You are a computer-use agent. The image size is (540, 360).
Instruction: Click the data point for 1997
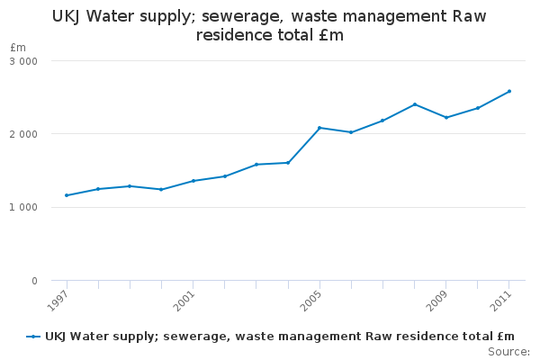point(67,195)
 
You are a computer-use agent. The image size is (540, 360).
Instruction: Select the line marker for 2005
point(319,128)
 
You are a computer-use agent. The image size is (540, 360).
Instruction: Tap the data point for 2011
point(509,91)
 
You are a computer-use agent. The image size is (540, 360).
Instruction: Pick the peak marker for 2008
point(415,104)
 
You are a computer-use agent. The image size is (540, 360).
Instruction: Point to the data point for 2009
point(446,117)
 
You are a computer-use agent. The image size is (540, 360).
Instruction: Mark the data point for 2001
point(193,181)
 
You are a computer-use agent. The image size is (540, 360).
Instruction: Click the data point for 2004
point(288,163)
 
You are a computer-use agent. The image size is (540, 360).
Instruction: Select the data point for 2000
point(161,189)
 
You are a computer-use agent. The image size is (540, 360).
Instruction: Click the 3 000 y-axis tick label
point(23,61)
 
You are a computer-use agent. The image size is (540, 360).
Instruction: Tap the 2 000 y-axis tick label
point(23,134)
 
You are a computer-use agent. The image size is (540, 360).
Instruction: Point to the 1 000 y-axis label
point(23,208)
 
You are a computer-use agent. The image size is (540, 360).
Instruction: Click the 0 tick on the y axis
point(34,282)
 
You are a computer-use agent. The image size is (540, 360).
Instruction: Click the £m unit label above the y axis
point(18,47)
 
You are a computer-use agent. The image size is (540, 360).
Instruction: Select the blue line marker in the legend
point(33,337)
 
